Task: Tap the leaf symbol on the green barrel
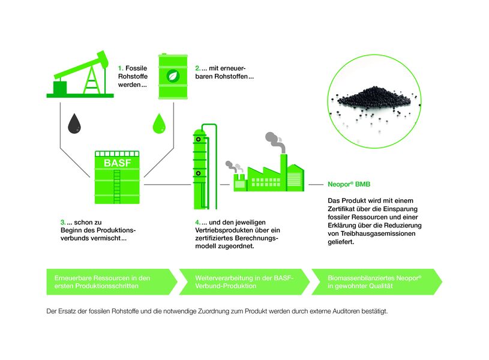[173, 76]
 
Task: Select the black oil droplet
[74, 124]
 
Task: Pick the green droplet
[159, 124]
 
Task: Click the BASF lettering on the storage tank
[117, 163]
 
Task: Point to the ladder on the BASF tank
[117, 187]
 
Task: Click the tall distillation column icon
[204, 167]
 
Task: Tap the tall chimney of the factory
[283, 172]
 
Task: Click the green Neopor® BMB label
[349, 184]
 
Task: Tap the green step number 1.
[121, 68]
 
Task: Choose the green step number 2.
[198, 68]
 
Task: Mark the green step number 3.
[63, 223]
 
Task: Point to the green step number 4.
[198, 223]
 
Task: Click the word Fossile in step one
[136, 68]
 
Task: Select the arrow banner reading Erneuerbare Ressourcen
[112, 281]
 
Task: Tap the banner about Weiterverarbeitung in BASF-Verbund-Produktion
[244, 281]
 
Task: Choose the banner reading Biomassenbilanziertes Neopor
[377, 281]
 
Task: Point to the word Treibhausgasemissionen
[378, 233]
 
